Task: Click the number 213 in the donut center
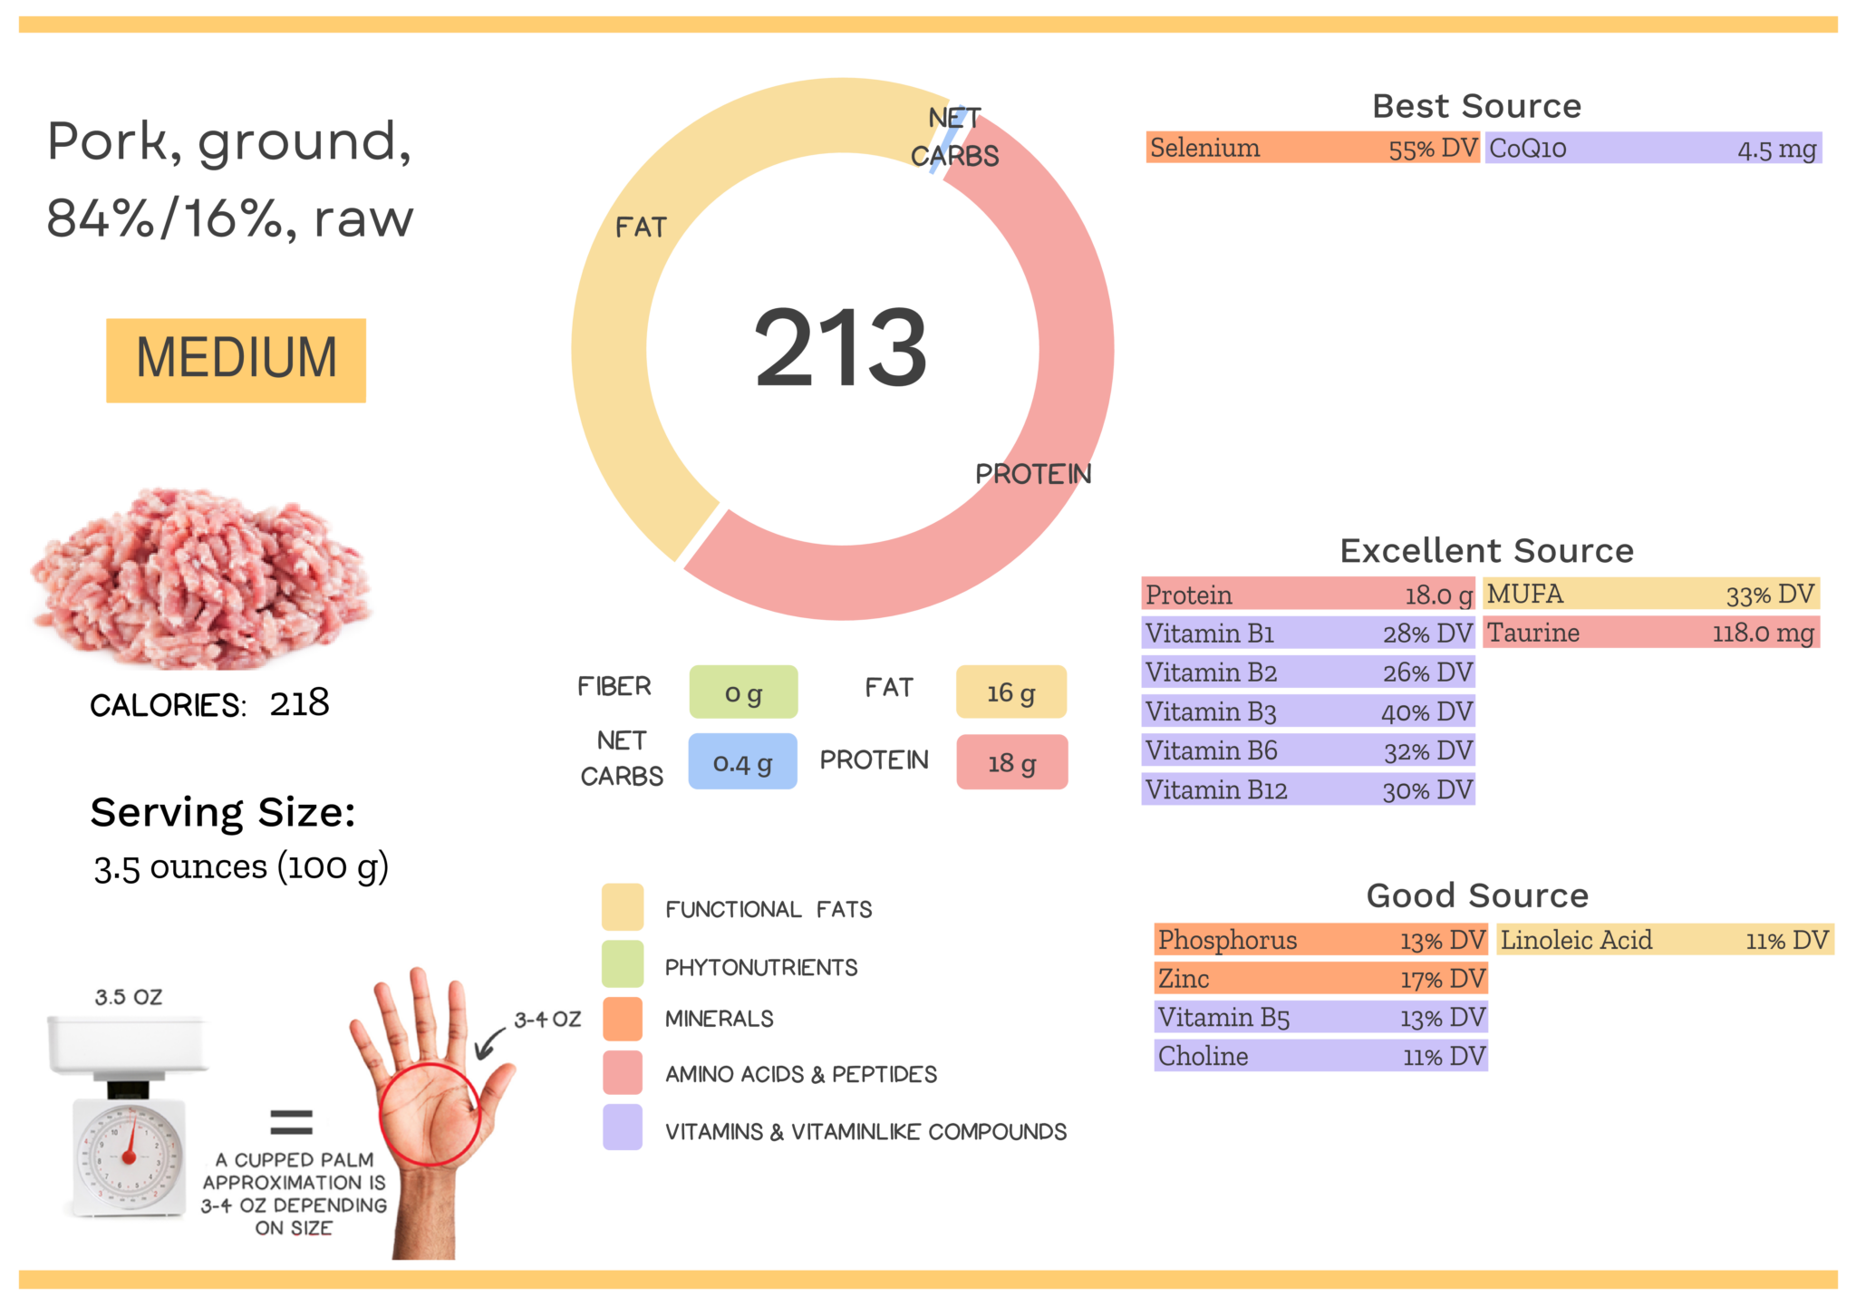pyautogui.click(x=840, y=348)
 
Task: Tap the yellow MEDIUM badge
pyautogui.click(x=236, y=360)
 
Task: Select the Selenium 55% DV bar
pyautogui.click(x=1312, y=148)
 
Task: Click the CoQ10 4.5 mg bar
pyautogui.click(x=1652, y=149)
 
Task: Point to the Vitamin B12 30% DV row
pyautogui.click(x=1308, y=790)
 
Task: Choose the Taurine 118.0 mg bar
pyautogui.click(x=1650, y=633)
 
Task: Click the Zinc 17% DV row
pyautogui.click(x=1320, y=979)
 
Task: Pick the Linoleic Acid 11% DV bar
pyautogui.click(x=1664, y=940)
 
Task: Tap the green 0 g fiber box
pyautogui.click(x=743, y=692)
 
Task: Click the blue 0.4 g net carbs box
pyautogui.click(x=742, y=762)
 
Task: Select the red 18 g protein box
pyautogui.click(x=1011, y=762)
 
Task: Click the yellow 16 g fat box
pyautogui.click(x=1010, y=692)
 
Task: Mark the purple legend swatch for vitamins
pyautogui.click(x=623, y=1127)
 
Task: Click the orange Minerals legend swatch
pyautogui.click(x=623, y=1019)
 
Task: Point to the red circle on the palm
pyautogui.click(x=430, y=1114)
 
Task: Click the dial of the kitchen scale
pyautogui.click(x=130, y=1156)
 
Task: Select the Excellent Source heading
pyautogui.click(x=1486, y=550)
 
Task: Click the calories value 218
pyautogui.click(x=299, y=703)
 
